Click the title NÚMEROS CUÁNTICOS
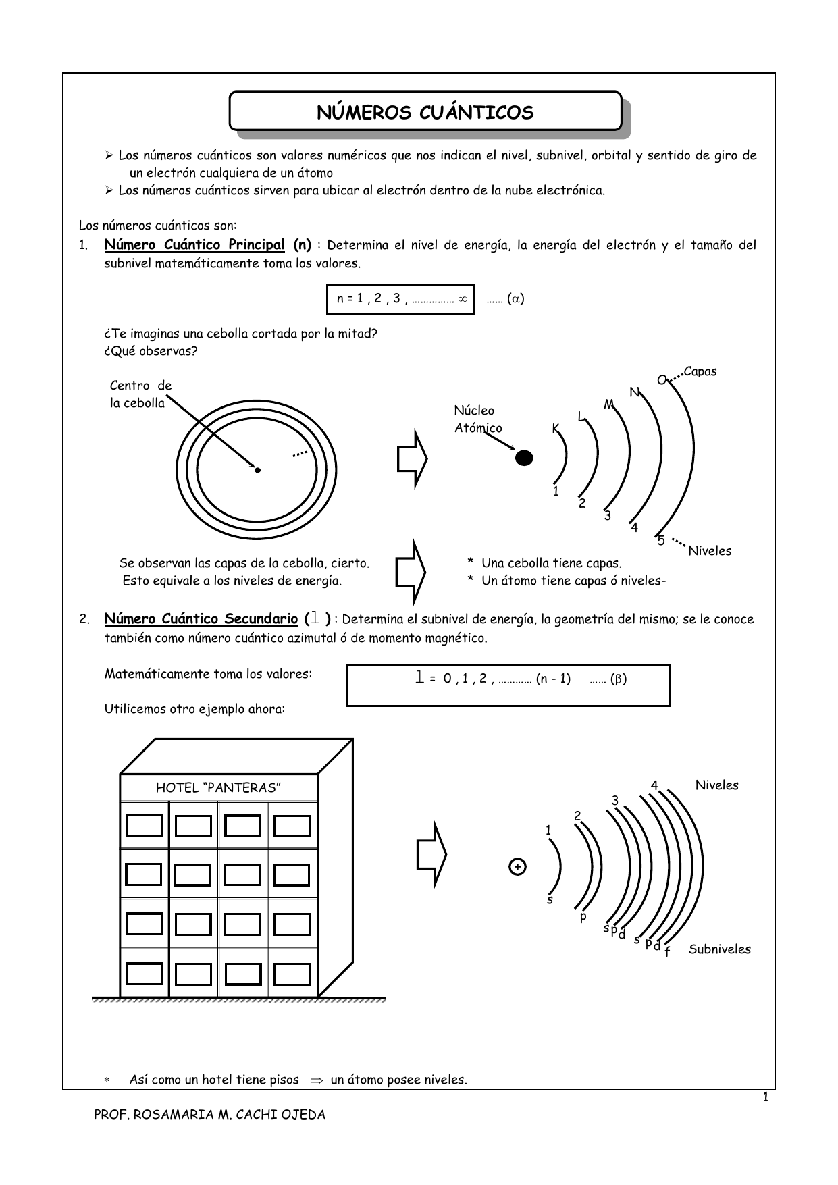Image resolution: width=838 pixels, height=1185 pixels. click(x=425, y=112)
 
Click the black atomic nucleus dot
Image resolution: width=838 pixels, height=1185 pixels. click(x=524, y=458)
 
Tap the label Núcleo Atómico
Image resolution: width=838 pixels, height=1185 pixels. click(x=477, y=419)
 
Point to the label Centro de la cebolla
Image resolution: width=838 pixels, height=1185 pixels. click(x=140, y=394)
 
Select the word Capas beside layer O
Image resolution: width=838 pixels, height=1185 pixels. click(x=700, y=371)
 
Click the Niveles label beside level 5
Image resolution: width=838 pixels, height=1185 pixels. click(x=710, y=551)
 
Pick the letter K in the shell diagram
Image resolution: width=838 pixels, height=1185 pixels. click(x=556, y=428)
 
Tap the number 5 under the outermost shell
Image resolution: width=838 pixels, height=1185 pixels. click(x=661, y=541)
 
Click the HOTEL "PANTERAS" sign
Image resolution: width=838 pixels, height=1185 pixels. click(x=218, y=788)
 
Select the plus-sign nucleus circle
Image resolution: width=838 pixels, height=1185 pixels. click(x=517, y=866)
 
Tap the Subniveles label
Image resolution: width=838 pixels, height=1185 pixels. click(x=720, y=949)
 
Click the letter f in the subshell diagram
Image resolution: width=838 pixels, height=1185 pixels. click(x=667, y=952)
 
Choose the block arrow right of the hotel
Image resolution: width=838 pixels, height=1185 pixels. click(x=431, y=855)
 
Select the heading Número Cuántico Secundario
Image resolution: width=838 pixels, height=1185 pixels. click(x=201, y=618)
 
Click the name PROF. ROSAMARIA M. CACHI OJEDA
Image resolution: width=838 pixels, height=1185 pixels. click(x=209, y=1115)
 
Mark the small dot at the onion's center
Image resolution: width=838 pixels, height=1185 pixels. click(x=257, y=470)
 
